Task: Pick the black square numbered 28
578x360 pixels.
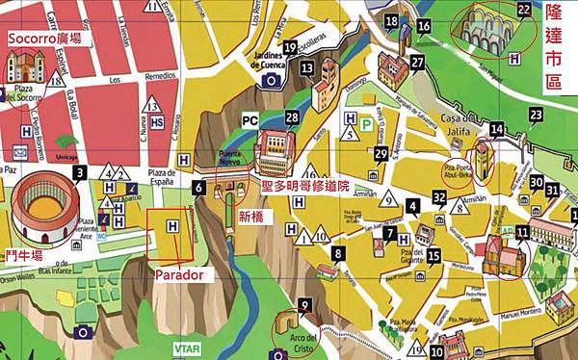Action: (x=292, y=116)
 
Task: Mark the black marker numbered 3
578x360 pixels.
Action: (x=79, y=172)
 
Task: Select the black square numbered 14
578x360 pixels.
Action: (x=496, y=129)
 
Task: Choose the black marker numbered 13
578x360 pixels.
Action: (x=306, y=68)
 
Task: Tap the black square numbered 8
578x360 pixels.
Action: (x=338, y=253)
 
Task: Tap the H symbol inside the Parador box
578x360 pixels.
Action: (x=172, y=226)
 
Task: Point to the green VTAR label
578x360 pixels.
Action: (x=183, y=348)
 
